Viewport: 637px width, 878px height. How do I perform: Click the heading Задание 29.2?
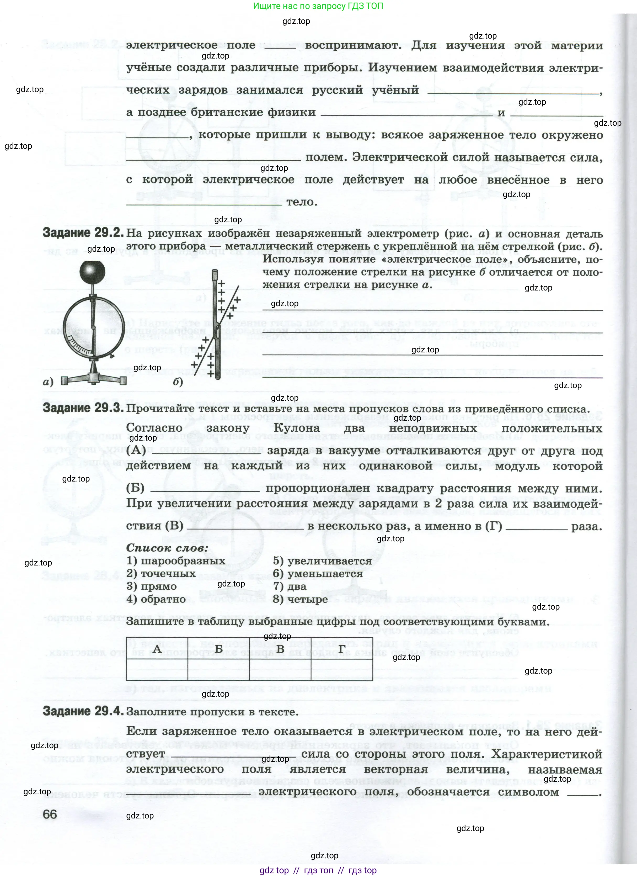click(83, 233)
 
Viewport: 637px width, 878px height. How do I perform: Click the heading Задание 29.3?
click(83, 408)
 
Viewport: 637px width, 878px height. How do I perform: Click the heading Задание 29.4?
click(83, 711)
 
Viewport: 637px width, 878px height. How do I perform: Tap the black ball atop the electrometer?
click(92, 273)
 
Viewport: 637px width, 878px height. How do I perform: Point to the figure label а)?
click(48, 382)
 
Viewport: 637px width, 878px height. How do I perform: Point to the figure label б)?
click(178, 382)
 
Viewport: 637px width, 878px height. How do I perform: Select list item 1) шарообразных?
click(176, 561)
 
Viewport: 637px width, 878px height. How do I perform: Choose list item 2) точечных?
click(161, 574)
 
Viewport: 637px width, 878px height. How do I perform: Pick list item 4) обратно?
click(156, 599)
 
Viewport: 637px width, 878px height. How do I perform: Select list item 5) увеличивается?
click(322, 561)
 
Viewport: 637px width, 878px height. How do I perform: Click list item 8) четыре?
click(300, 599)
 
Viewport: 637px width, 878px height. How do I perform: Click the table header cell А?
click(157, 648)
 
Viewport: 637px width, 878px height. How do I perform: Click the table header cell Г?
click(342, 648)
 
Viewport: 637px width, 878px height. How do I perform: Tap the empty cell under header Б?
click(219, 669)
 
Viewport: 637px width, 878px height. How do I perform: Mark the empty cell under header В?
click(280, 669)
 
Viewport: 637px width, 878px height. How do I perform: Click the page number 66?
click(50, 814)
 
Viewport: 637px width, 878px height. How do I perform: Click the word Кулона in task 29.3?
click(296, 428)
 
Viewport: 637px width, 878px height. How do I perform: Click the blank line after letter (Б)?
click(205, 489)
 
